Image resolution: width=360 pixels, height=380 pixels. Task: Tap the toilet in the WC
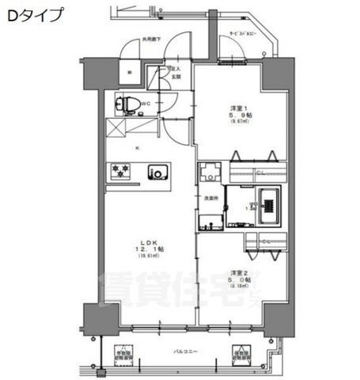click(131, 103)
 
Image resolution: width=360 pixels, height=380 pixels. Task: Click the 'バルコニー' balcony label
click(185, 350)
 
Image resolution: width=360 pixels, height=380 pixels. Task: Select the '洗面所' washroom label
click(210, 196)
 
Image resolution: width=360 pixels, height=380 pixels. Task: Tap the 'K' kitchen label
click(135, 148)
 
